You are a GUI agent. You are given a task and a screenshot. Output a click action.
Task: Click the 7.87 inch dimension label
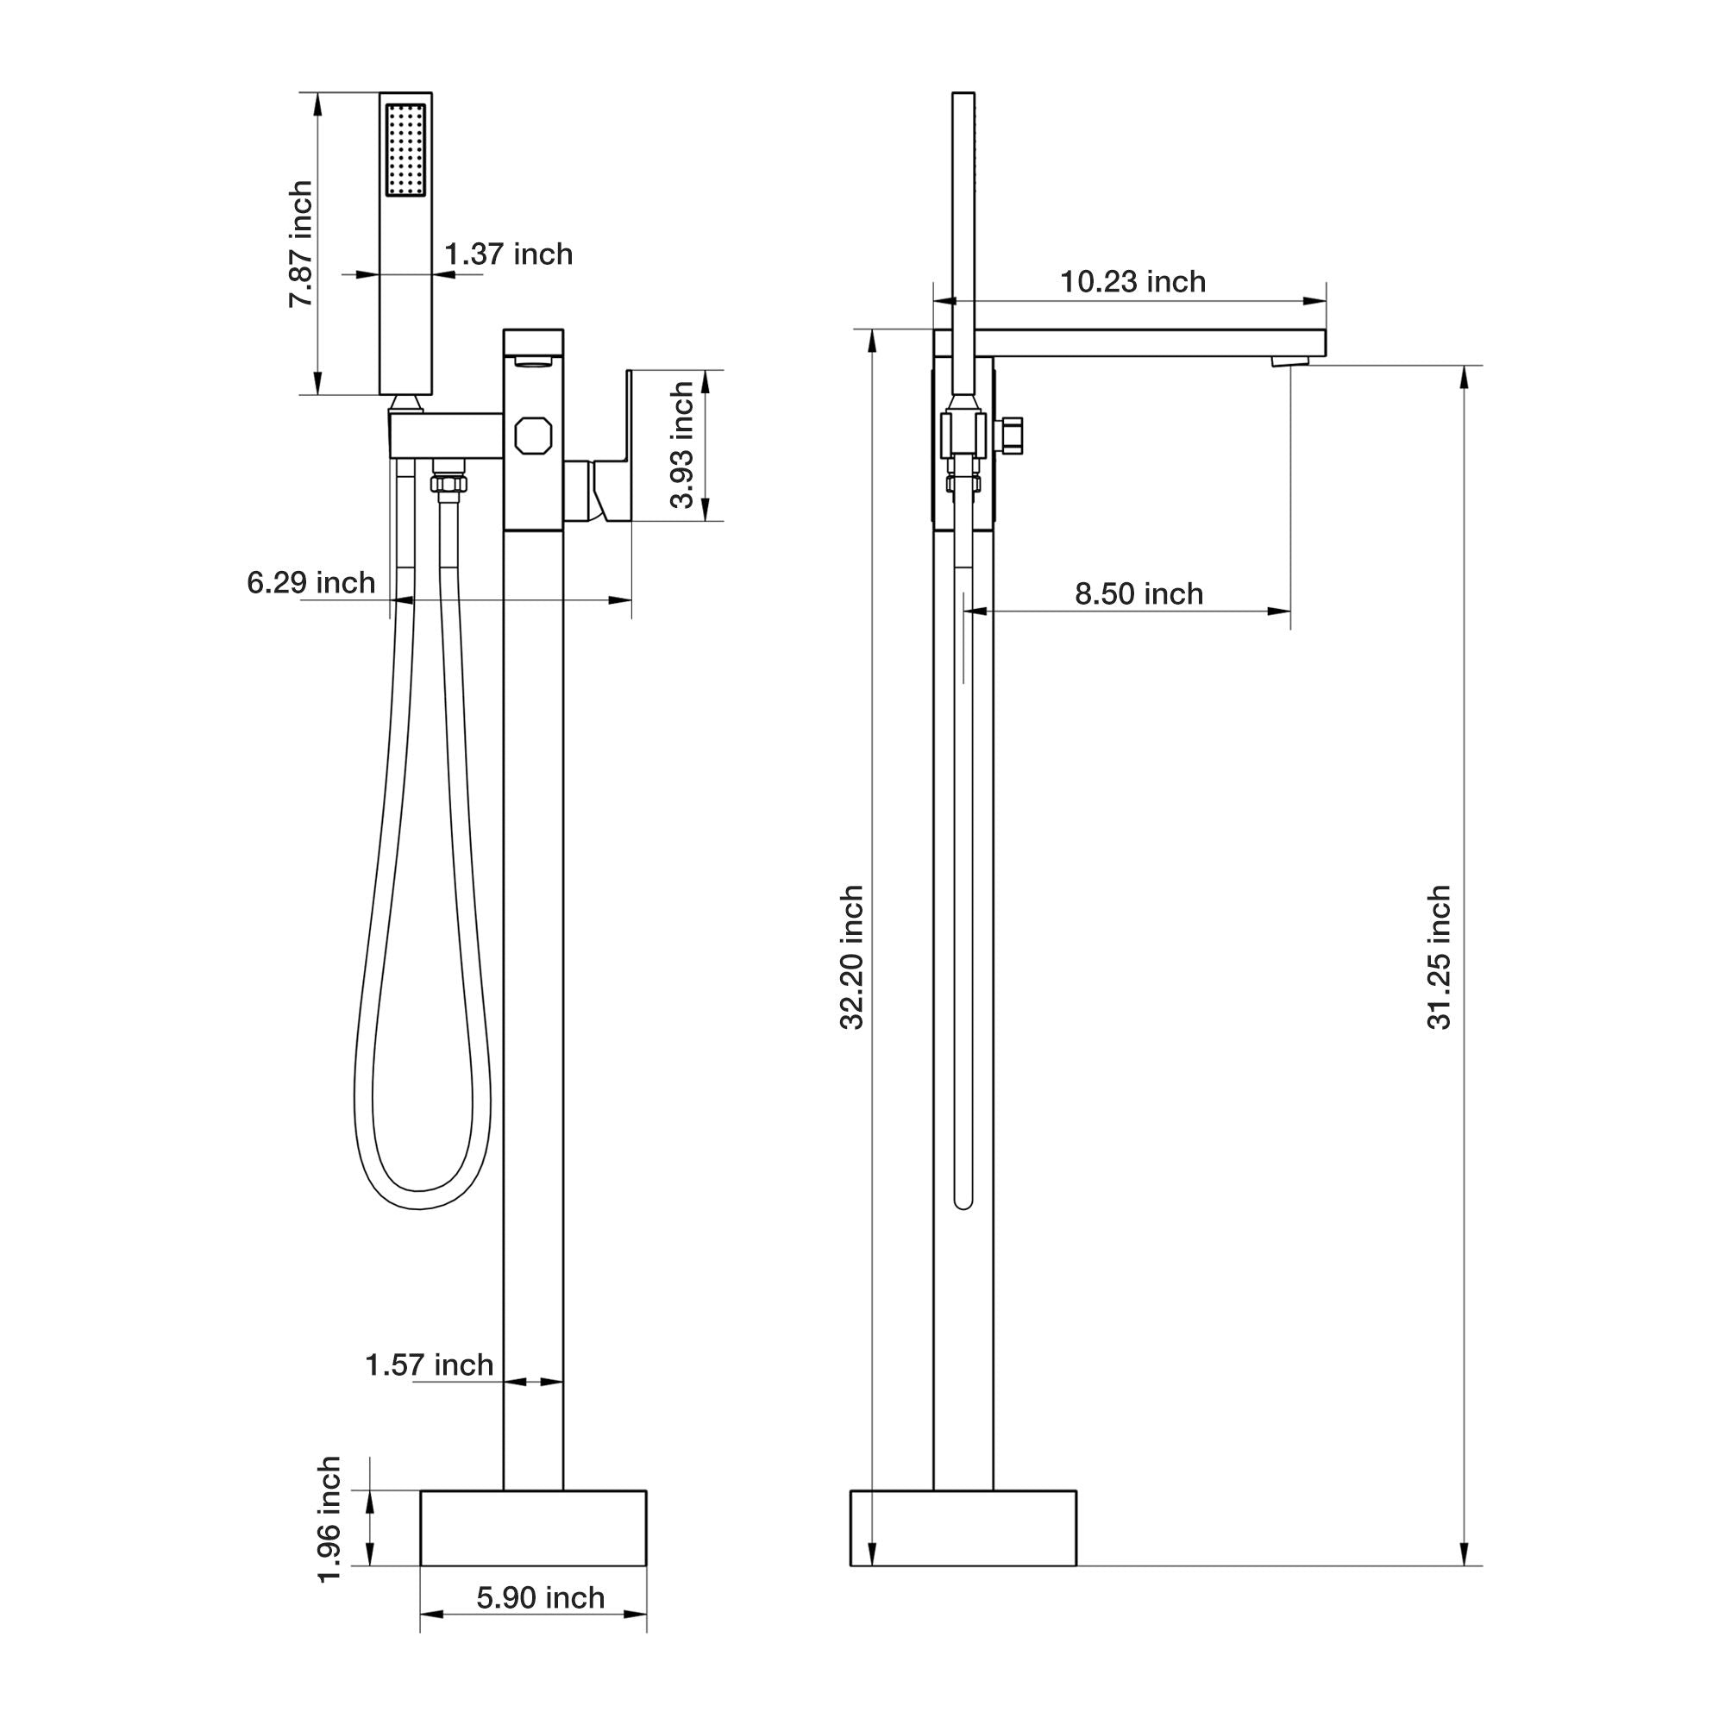[301, 244]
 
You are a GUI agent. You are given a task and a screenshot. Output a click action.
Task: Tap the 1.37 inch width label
[509, 254]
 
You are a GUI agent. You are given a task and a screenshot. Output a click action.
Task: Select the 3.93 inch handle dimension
[682, 445]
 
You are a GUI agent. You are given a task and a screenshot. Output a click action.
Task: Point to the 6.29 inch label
[310, 583]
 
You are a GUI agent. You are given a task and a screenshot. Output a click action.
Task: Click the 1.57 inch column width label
[430, 1365]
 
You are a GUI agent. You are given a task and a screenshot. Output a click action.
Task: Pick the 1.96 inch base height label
[329, 1520]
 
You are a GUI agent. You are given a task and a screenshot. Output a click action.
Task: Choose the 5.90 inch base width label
[540, 1597]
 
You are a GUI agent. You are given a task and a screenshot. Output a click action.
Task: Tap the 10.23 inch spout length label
[1132, 282]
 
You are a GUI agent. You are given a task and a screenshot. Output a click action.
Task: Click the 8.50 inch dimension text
[1138, 593]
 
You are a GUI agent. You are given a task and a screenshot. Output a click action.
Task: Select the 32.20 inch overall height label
[853, 957]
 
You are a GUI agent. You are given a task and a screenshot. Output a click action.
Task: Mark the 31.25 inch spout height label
[1440, 957]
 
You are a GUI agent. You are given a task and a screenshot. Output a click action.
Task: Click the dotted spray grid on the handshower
[405, 149]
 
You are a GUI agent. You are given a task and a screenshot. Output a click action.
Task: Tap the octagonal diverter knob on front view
[533, 436]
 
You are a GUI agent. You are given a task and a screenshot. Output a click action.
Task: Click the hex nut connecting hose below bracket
[449, 483]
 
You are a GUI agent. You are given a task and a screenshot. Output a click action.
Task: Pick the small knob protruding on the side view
[1014, 436]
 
